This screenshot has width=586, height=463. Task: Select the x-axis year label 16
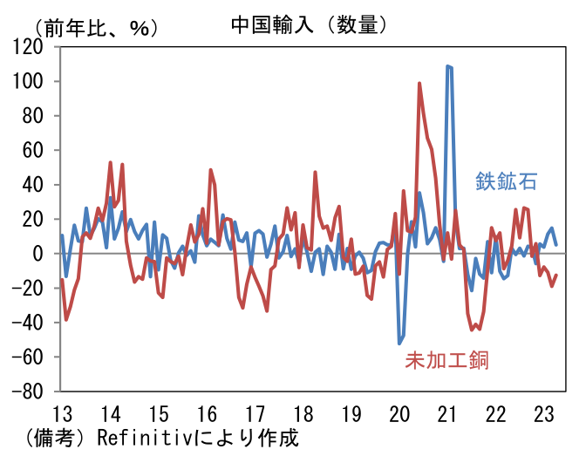click(207, 412)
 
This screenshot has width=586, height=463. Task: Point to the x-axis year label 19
click(351, 412)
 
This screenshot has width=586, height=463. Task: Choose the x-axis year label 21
click(448, 412)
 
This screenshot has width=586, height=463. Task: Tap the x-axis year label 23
click(543, 412)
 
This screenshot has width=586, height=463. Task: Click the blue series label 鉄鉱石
click(505, 181)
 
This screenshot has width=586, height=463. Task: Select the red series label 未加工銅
click(446, 359)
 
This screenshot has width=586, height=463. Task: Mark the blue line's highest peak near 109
click(448, 65)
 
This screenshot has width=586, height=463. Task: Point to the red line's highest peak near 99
click(419, 84)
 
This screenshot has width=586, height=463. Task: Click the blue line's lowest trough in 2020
click(399, 344)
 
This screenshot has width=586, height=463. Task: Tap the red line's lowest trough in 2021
click(472, 330)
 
